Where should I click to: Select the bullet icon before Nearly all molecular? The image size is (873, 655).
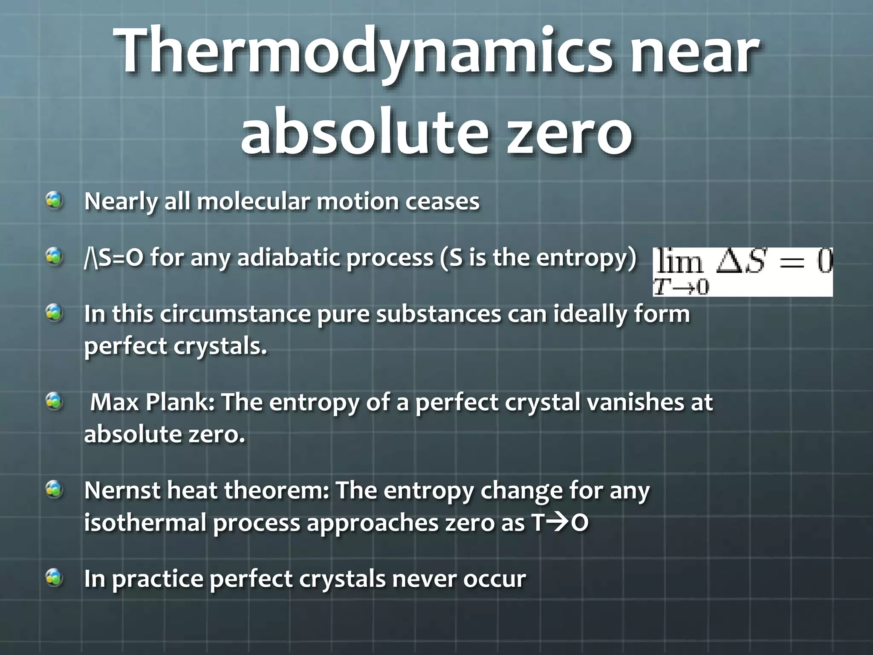coord(55,200)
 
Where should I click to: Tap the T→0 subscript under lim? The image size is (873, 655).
coord(681,287)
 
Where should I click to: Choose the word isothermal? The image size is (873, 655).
coord(145,523)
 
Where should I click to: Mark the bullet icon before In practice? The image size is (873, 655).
coord(55,578)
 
